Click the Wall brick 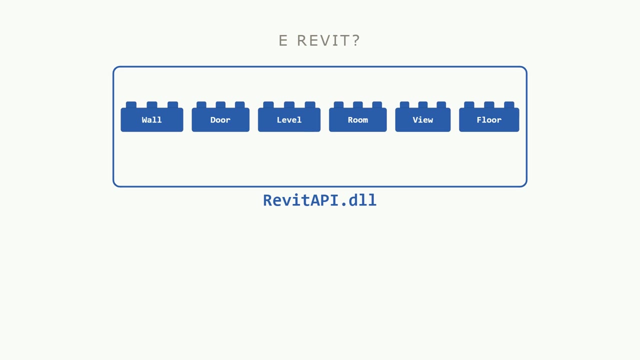pos(151,117)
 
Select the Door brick pos(220,117)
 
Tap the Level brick pos(289,117)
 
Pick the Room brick pos(357,117)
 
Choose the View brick pos(423,117)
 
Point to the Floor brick pos(489,117)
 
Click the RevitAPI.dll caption pos(319,200)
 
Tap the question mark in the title pos(356,40)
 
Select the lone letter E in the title pos(283,40)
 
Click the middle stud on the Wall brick pos(152,104)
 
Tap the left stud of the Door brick pos(201,104)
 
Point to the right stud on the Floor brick pos(509,104)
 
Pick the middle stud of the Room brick pos(357,104)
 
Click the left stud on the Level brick pos(268,104)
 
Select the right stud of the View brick pos(441,104)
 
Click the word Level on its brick pos(289,119)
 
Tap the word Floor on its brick pos(489,119)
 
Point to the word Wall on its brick pos(151,119)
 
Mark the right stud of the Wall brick pos(173,104)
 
